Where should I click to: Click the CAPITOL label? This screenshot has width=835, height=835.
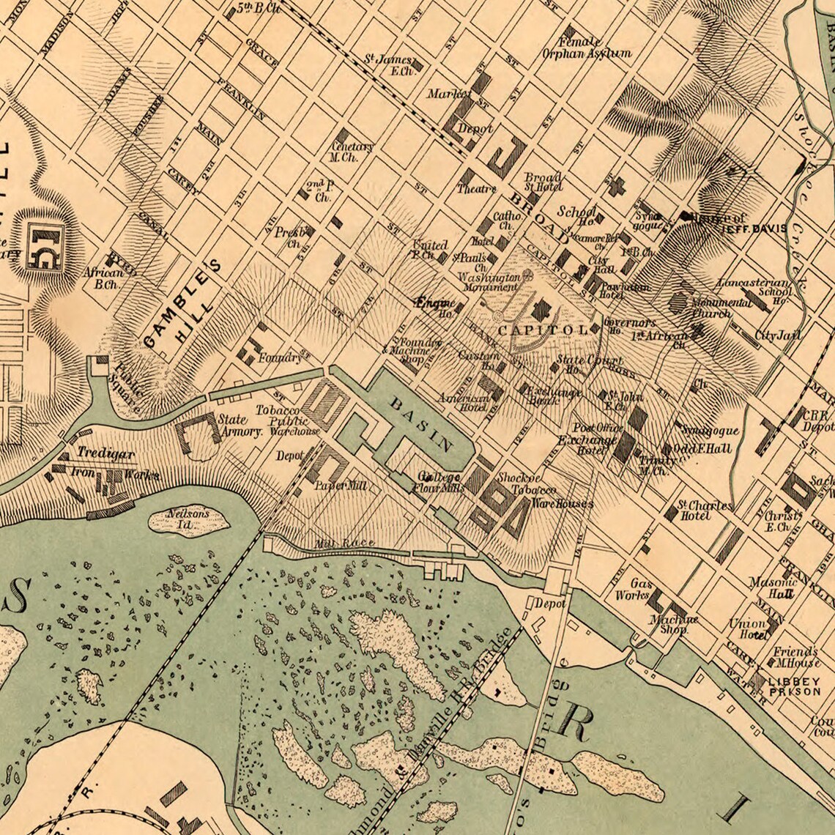coord(543,330)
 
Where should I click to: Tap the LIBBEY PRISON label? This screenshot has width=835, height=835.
coord(794,686)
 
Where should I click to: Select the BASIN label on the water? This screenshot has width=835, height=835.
coord(421,424)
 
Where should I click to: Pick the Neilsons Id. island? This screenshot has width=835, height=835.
coord(188,519)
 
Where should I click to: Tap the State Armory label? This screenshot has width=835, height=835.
coord(240,426)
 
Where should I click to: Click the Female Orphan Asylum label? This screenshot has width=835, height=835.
coord(586,48)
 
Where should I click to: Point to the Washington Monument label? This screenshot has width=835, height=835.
coord(489,284)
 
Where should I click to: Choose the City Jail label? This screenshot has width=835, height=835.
coord(778,335)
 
